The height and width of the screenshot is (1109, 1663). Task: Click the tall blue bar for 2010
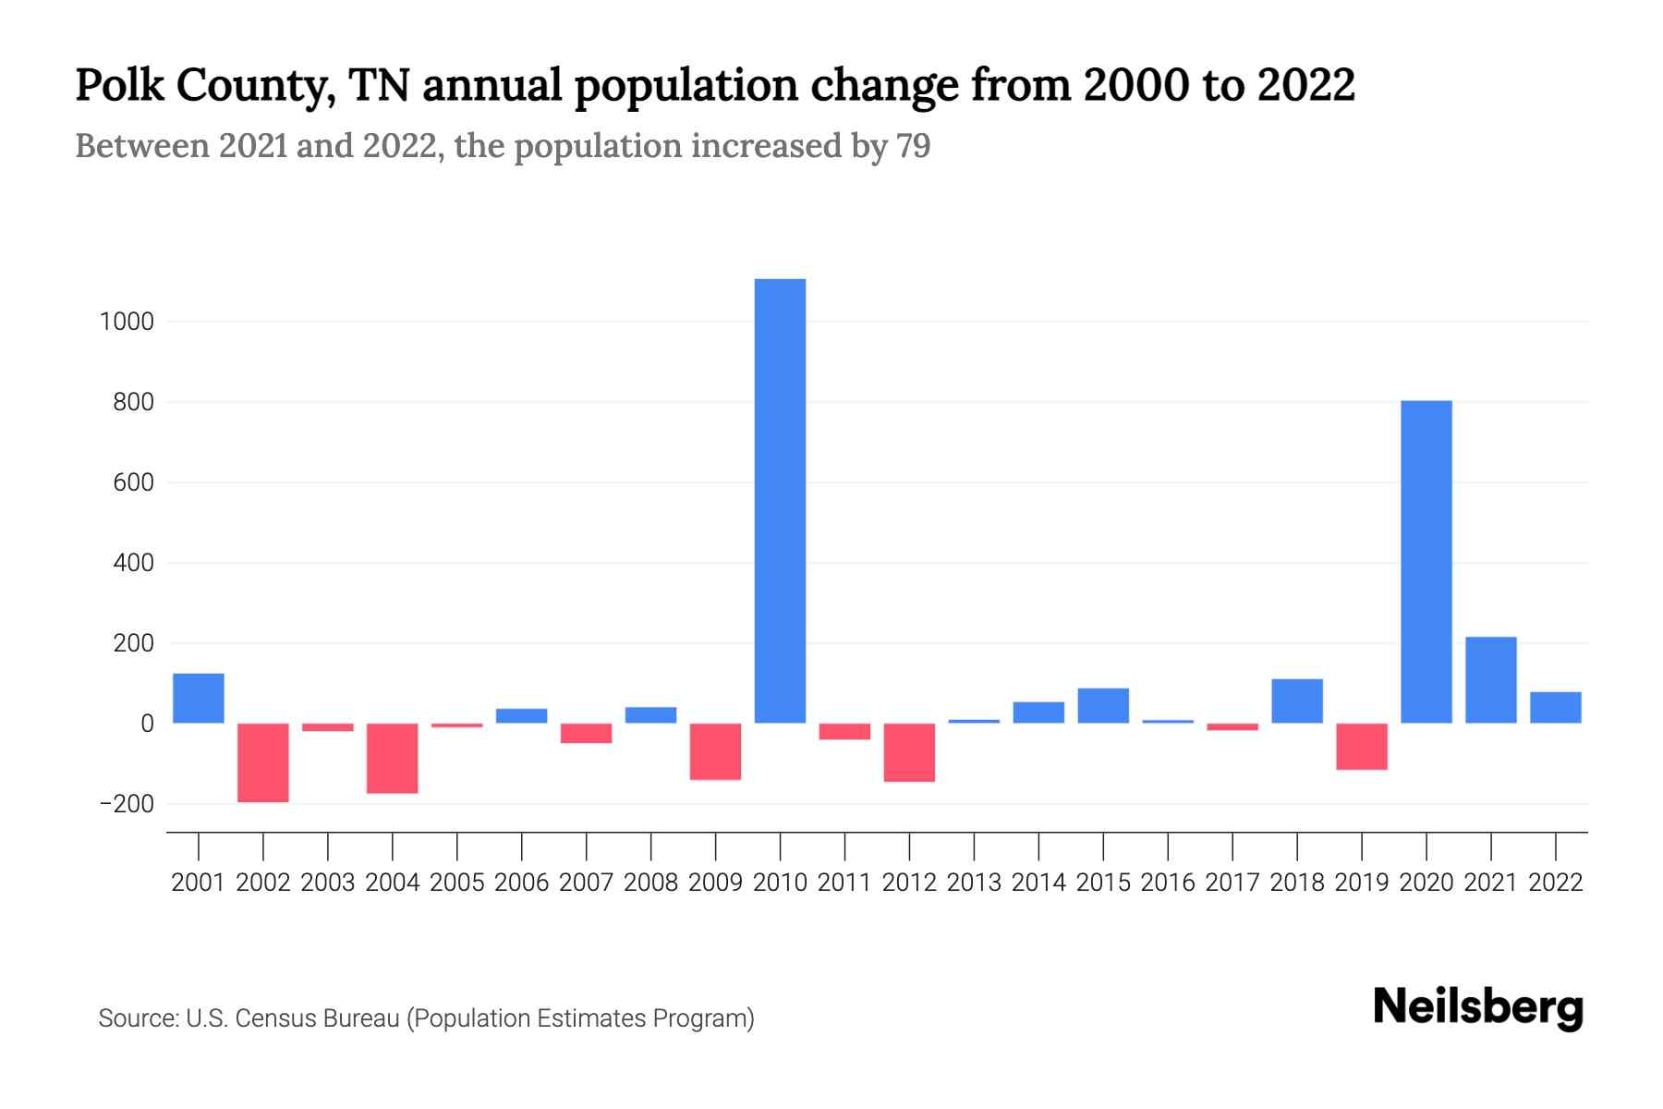click(x=780, y=500)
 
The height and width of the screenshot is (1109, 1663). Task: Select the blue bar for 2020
click(x=1426, y=561)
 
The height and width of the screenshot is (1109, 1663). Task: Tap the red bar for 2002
click(x=263, y=762)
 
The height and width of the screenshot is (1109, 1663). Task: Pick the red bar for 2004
click(x=393, y=758)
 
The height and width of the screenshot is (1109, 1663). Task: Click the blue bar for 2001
click(x=199, y=698)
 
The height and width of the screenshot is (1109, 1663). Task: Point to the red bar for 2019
click(x=1362, y=746)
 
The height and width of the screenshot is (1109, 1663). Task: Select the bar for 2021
click(x=1490, y=679)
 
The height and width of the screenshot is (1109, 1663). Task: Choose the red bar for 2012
click(x=909, y=752)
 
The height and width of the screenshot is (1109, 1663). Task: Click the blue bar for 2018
click(x=1297, y=701)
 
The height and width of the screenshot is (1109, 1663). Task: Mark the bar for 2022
click(x=1555, y=707)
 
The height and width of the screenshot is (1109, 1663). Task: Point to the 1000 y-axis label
click(x=127, y=322)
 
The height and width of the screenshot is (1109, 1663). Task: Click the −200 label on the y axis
click(x=126, y=804)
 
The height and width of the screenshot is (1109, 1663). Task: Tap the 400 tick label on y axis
click(x=133, y=563)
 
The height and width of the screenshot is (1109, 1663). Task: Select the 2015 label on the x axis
click(x=1103, y=883)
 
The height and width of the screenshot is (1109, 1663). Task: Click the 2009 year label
click(x=716, y=883)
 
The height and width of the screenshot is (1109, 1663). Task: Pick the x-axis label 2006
click(x=522, y=883)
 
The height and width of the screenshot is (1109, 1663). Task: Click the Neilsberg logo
click(x=1478, y=1007)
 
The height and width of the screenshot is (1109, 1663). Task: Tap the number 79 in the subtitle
click(x=913, y=146)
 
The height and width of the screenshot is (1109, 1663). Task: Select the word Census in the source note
click(x=273, y=1018)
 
